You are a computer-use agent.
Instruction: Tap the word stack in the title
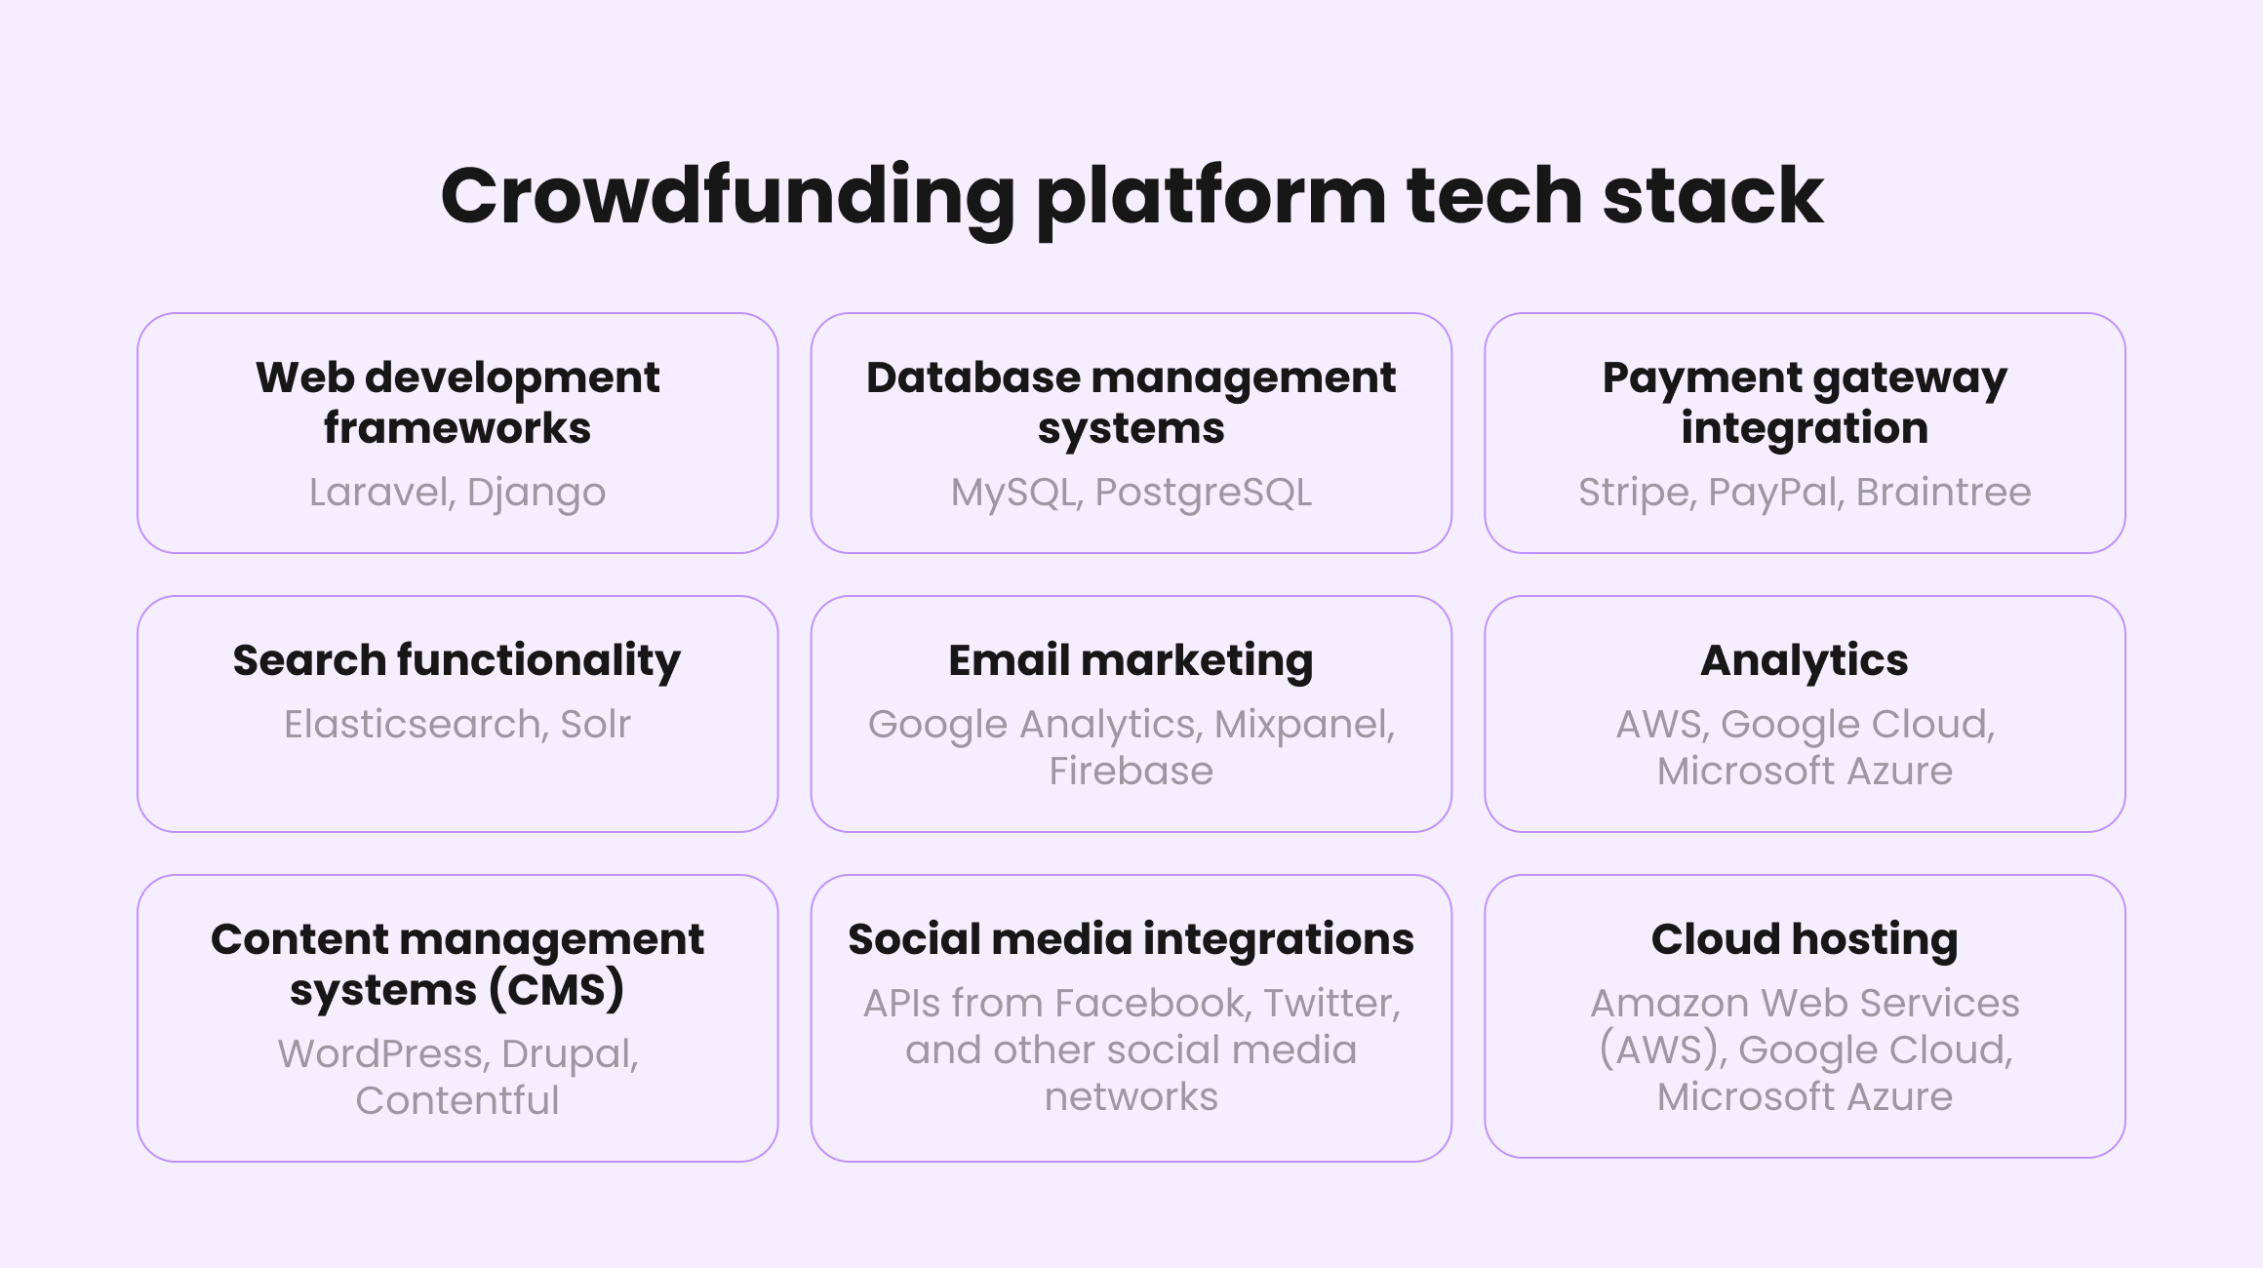(x=1713, y=195)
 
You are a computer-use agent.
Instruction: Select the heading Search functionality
(x=457, y=661)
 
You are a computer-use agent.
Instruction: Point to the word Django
(x=536, y=494)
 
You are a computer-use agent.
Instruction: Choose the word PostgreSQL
(x=1204, y=494)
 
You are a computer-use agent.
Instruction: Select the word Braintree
(x=1943, y=492)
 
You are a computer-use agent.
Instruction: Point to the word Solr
(x=596, y=725)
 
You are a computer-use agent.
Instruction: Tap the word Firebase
(x=1131, y=771)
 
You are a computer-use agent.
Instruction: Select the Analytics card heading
(x=1805, y=661)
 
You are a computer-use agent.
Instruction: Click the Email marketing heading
(x=1131, y=661)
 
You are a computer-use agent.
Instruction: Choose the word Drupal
(x=571, y=1055)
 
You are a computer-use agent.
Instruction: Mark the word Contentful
(x=457, y=1100)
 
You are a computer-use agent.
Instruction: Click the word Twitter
(x=1332, y=1004)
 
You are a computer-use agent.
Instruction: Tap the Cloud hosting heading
(x=1805, y=940)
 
